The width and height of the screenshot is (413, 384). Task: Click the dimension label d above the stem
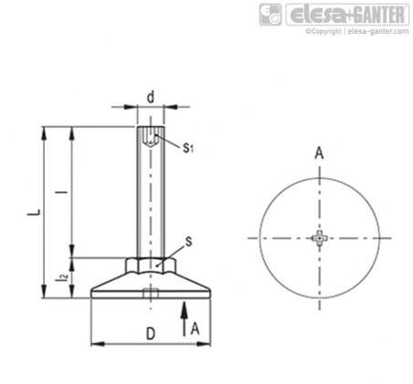point(151,97)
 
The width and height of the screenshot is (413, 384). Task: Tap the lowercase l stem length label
point(63,192)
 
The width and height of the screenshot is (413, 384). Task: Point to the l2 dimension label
point(63,277)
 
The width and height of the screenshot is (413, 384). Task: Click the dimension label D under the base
point(151,334)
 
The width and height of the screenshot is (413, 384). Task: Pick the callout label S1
point(188,148)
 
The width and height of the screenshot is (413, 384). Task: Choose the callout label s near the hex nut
point(189,241)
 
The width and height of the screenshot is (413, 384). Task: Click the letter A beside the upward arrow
point(195,329)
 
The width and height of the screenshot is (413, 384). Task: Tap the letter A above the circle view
point(319,153)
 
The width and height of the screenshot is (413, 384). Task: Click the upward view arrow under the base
point(184,319)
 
